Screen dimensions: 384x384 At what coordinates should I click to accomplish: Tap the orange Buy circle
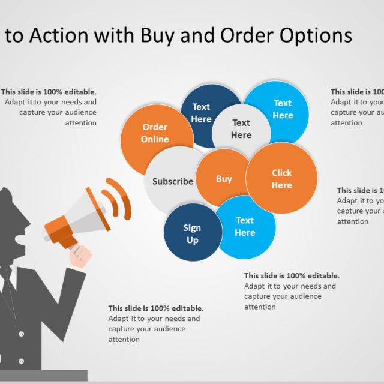(224, 178)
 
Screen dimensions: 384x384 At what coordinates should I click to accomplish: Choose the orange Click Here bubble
(281, 179)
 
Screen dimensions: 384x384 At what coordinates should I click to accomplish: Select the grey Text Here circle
(241, 129)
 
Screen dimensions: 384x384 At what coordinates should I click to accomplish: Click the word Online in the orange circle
(155, 139)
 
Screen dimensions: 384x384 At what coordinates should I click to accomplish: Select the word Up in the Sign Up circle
(192, 240)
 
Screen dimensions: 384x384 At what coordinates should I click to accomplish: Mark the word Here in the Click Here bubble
(281, 185)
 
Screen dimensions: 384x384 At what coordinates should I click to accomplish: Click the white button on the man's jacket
(22, 334)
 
